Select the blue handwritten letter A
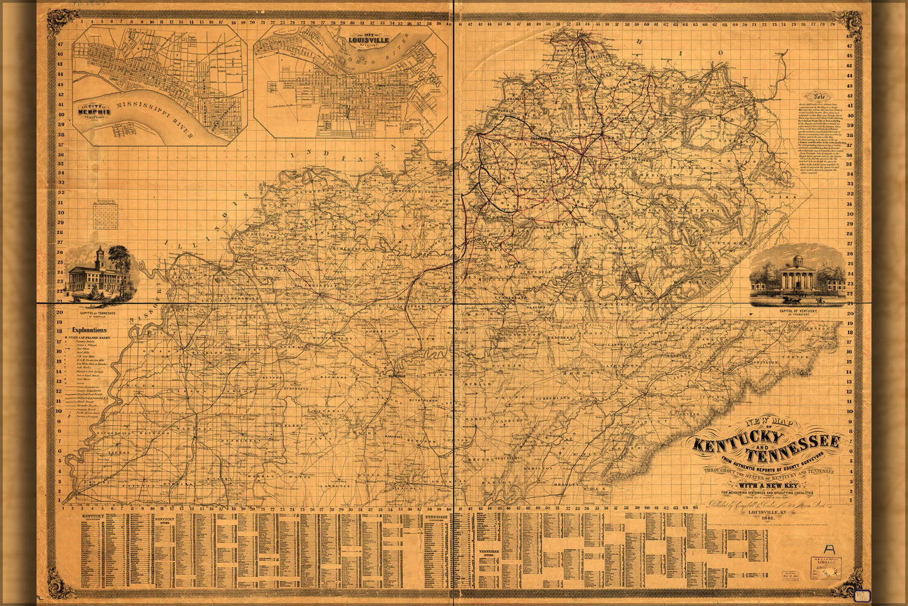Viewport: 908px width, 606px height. [830, 550]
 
